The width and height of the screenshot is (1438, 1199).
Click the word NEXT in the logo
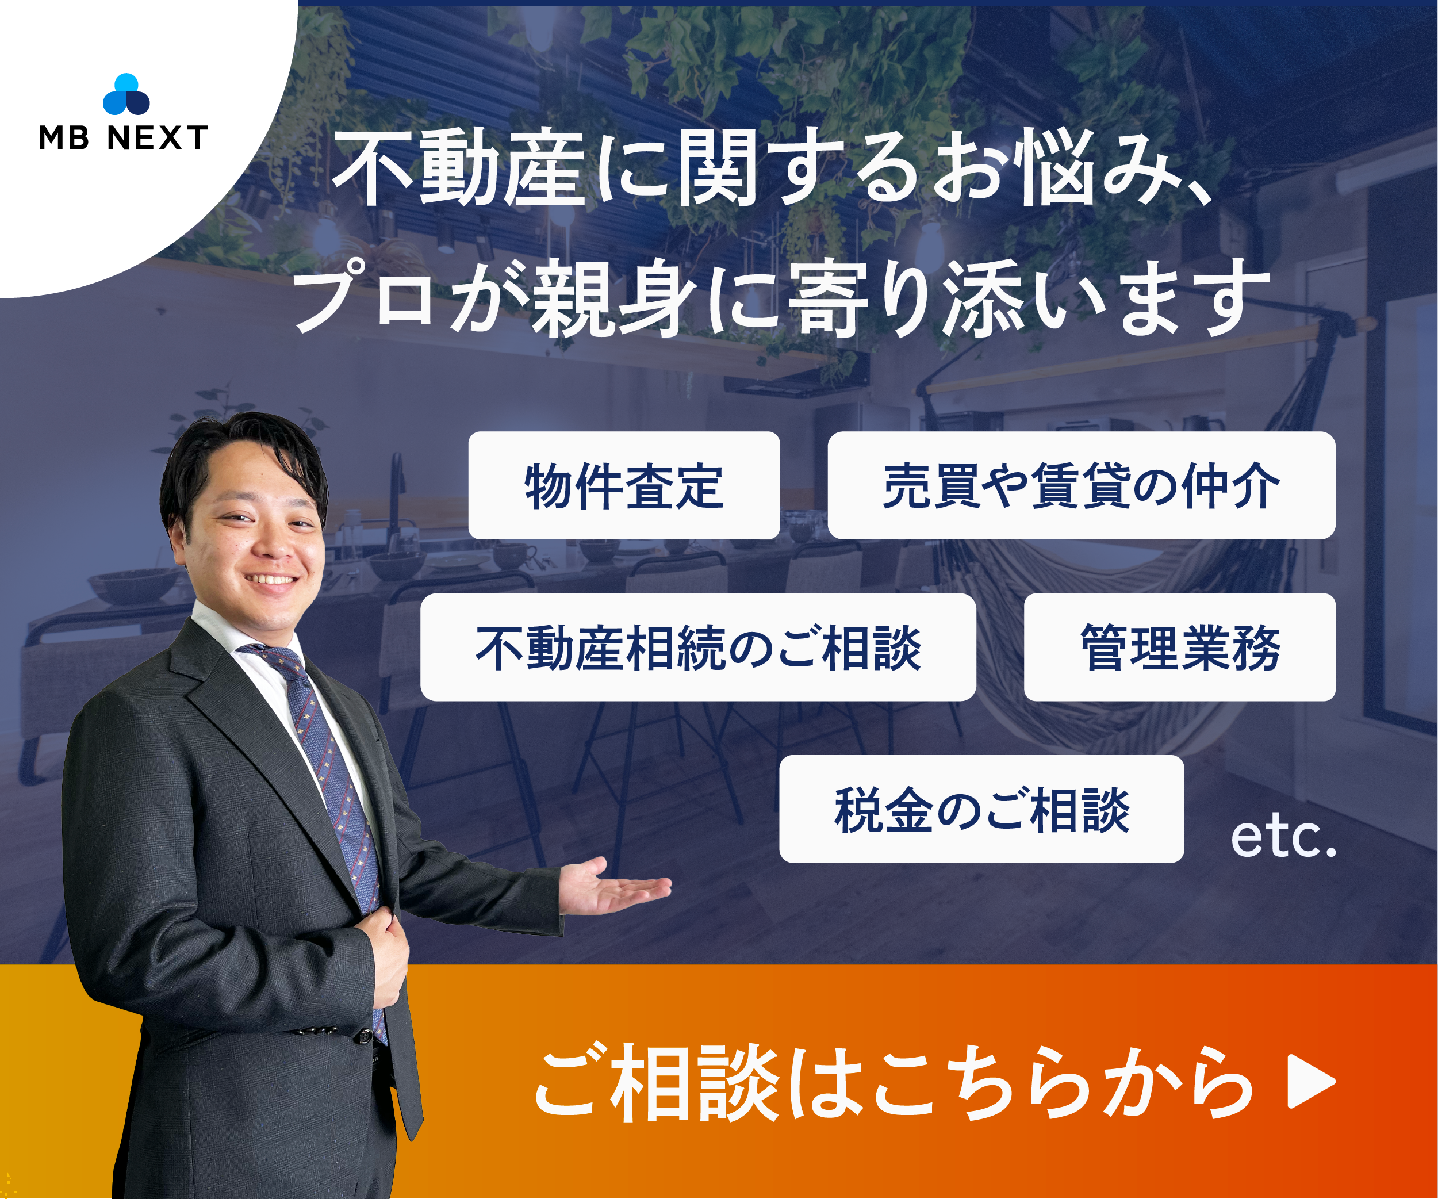158,137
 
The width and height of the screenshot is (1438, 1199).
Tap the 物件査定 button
624,485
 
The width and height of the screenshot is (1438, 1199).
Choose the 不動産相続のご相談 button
698,647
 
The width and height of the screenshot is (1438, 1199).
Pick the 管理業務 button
1179,647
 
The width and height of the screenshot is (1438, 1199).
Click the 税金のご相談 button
981,809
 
